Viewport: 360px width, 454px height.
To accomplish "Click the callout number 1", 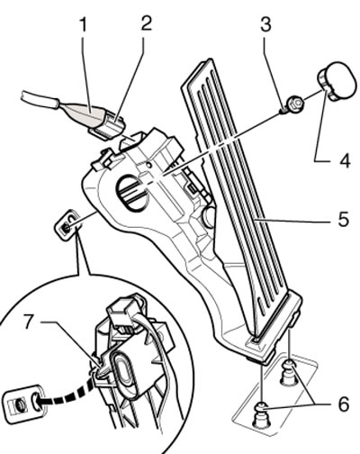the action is coord(85,24).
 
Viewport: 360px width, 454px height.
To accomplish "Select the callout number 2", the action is coord(146,23).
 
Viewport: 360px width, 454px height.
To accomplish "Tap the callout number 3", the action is coord(265,24).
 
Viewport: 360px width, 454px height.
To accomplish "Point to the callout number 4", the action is coord(344,160).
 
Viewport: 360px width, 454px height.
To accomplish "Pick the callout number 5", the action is coord(344,219).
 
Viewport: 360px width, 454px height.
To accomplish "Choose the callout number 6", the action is coord(343,404).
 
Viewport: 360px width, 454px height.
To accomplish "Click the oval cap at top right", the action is coord(336,81).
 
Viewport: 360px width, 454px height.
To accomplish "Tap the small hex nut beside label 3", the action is coord(294,104).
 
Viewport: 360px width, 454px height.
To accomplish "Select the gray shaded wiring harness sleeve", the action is coord(85,113).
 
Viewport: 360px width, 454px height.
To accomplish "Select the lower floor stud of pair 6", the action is coord(262,414).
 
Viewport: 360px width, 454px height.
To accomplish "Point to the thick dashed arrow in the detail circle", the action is coord(67,394).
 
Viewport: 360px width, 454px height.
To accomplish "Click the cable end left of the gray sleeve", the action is coord(39,100).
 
